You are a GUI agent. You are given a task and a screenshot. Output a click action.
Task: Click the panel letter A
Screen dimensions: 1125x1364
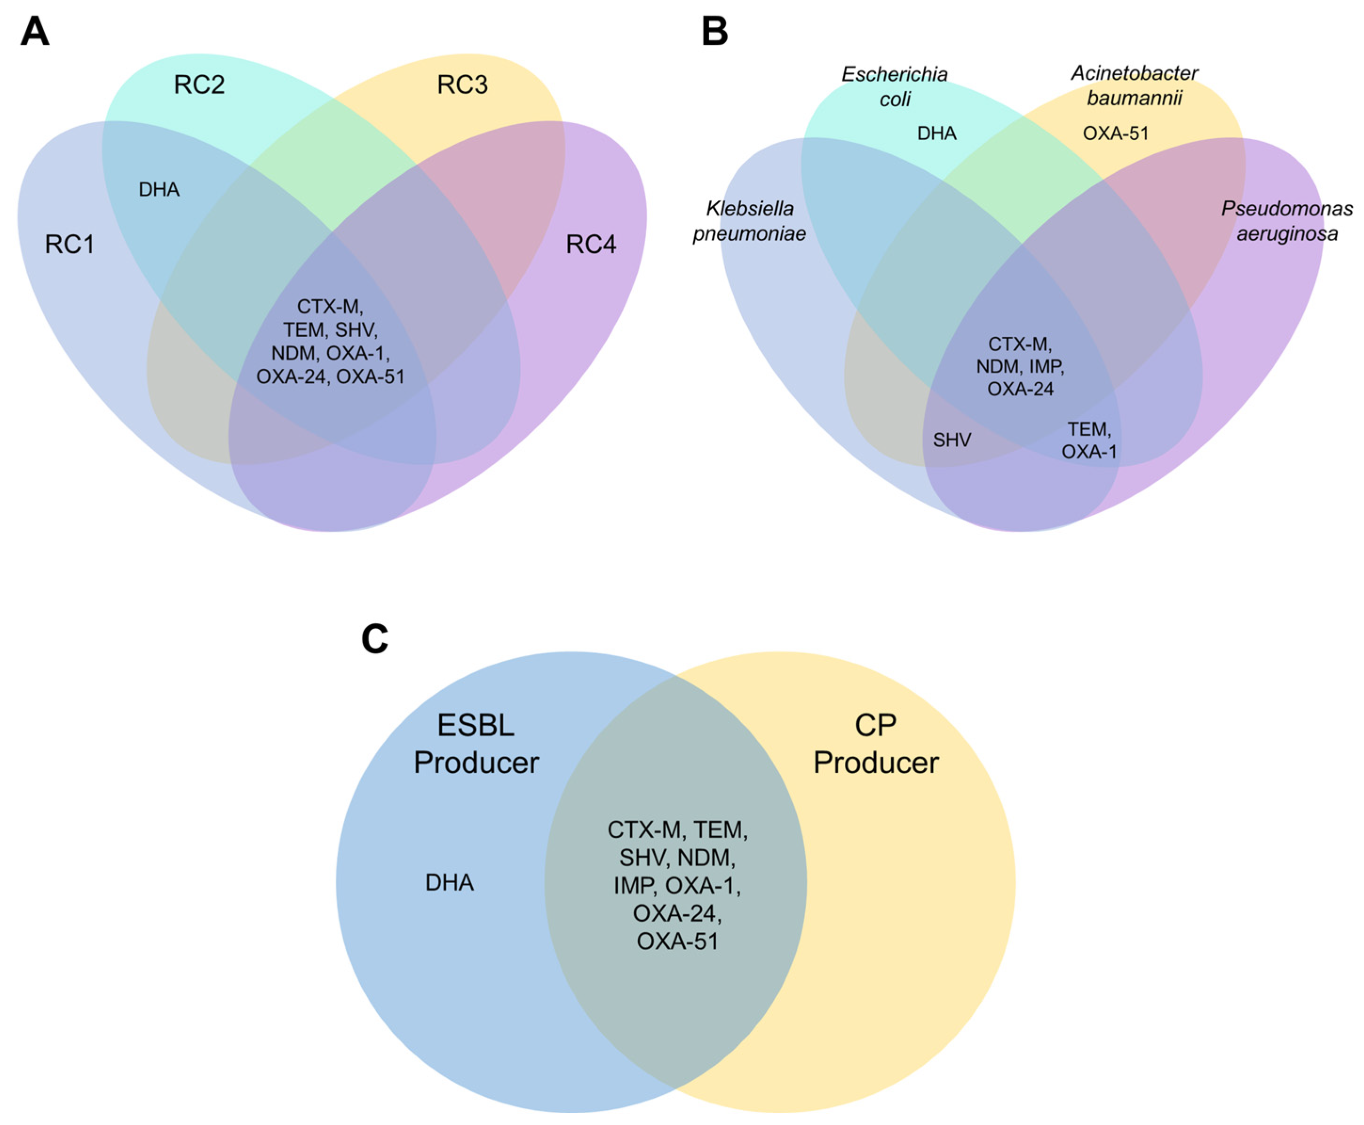click(34, 32)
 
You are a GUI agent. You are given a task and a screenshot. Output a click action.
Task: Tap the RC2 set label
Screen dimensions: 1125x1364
click(199, 85)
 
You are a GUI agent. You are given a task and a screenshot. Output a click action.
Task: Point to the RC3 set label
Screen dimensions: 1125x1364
click(462, 85)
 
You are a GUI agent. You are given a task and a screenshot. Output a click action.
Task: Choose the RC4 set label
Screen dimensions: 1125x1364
click(591, 244)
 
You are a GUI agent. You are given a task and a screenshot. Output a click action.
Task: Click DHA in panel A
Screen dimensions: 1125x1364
click(159, 190)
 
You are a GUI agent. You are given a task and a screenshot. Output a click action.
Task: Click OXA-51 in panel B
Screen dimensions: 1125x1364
click(1115, 134)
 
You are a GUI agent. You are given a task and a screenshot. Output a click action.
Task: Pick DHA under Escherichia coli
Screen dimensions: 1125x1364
click(936, 134)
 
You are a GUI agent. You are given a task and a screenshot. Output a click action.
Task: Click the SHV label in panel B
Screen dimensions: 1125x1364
click(952, 441)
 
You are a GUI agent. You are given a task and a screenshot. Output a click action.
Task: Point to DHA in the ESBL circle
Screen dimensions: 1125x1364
click(449, 883)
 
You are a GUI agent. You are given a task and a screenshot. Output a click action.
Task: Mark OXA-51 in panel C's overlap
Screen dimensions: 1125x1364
click(678, 942)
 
